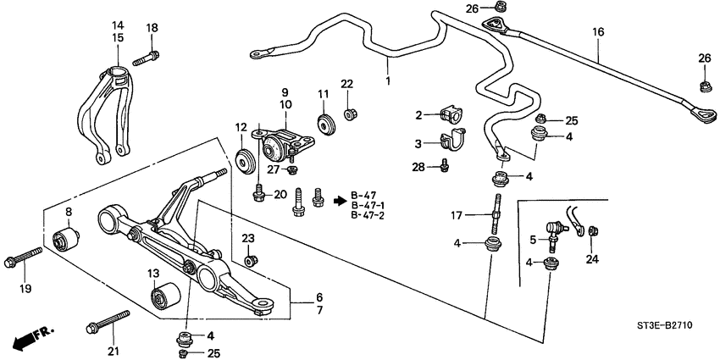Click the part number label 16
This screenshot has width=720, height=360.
tap(598, 32)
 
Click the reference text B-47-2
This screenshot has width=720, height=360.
tap(368, 216)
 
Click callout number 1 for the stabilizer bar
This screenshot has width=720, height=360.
tap(388, 83)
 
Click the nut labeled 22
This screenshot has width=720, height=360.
tap(348, 112)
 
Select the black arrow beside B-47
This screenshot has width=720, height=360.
tap(341, 201)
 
